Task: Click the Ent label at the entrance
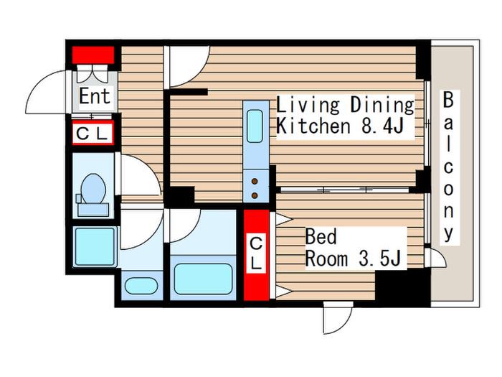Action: tap(95, 96)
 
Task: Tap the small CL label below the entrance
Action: tap(93, 133)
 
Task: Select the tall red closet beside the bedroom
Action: tap(257, 255)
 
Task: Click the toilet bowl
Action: tap(93, 189)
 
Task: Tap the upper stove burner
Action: tap(255, 182)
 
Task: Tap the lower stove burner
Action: tap(255, 195)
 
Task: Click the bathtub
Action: tap(203, 279)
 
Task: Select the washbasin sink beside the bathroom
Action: tap(141, 286)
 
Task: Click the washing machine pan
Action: tap(95, 246)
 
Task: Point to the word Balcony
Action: tap(448, 167)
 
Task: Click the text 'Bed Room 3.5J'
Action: tap(353, 248)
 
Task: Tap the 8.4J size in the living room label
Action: tap(382, 126)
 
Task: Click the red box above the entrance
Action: tap(93, 55)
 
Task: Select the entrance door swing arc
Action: tap(47, 91)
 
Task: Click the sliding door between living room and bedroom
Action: tap(345, 190)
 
